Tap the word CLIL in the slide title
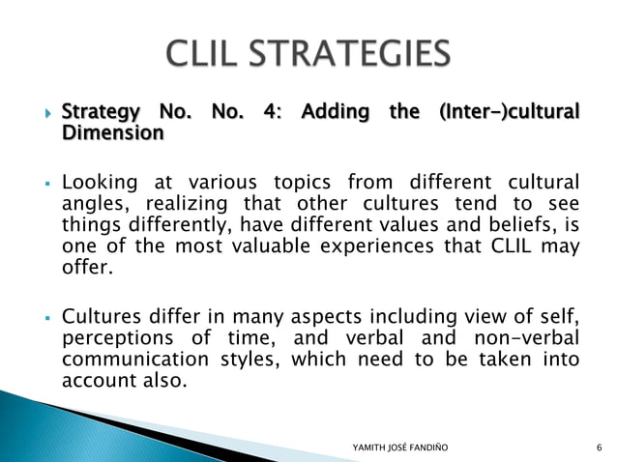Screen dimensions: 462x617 click(207, 53)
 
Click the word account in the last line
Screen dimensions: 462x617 click(99, 381)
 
